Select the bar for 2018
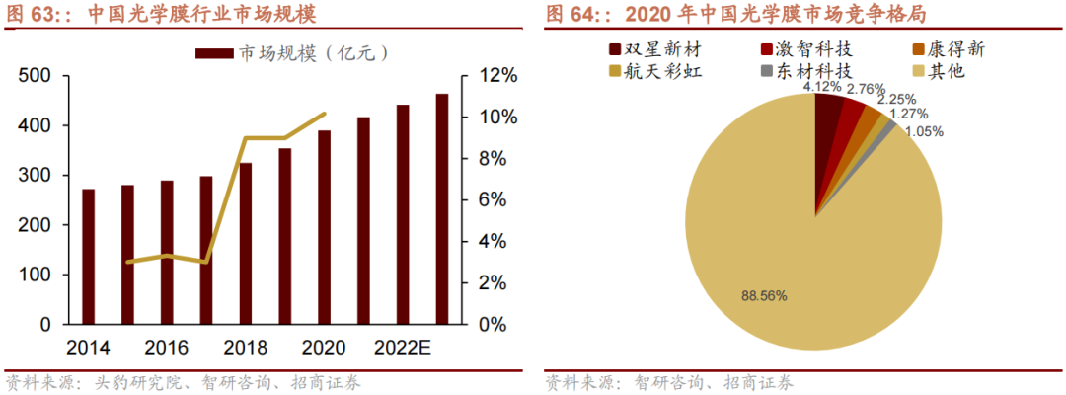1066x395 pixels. pos(246,244)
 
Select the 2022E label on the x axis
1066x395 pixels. pos(401,348)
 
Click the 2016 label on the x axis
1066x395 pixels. pos(167,348)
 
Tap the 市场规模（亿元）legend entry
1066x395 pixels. pos(291,52)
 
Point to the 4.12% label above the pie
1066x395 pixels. pos(821,87)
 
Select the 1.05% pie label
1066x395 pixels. pos(923,131)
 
